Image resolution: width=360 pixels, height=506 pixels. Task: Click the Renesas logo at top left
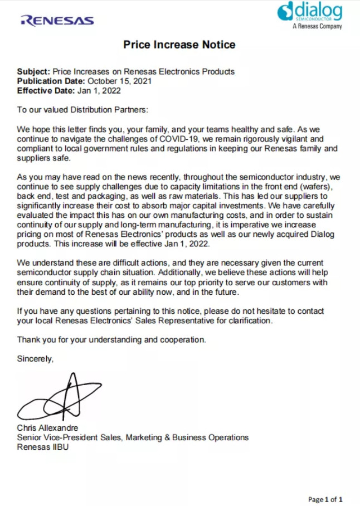57,21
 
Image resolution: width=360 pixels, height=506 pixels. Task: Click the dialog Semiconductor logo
310,12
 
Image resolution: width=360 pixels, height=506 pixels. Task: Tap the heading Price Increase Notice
179,45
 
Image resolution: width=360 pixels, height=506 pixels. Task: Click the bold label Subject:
33,71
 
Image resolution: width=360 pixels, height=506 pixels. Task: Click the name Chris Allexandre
47,428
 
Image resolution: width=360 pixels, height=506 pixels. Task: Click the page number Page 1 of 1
325,499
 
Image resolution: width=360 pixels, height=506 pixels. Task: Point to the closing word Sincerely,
35,359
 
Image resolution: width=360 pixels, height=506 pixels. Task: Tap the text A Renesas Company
317,26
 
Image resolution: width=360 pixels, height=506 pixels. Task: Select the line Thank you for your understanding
111,339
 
